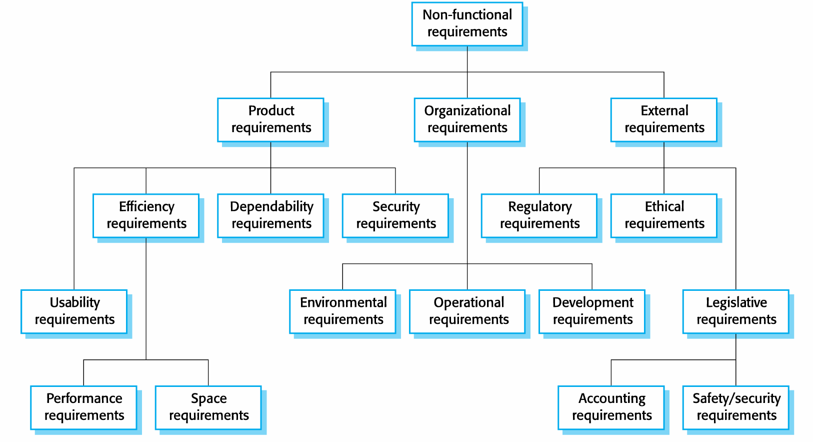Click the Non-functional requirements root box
coord(467,24)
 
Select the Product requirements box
coord(270,120)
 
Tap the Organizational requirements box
coord(467,120)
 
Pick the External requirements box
coord(663,120)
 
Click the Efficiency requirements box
coord(146,216)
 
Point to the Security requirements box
coord(395,216)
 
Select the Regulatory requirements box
coord(539,216)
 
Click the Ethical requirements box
coord(663,216)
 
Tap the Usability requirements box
coord(74,311)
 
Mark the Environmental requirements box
coord(342,311)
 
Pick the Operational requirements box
coord(467,311)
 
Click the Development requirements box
coord(592,311)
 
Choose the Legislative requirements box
coord(735,311)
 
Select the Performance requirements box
coord(83,407)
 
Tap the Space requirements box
coord(208,407)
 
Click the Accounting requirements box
coord(611,407)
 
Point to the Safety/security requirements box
coord(735,407)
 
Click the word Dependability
coord(271,207)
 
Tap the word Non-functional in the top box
coord(467,15)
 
